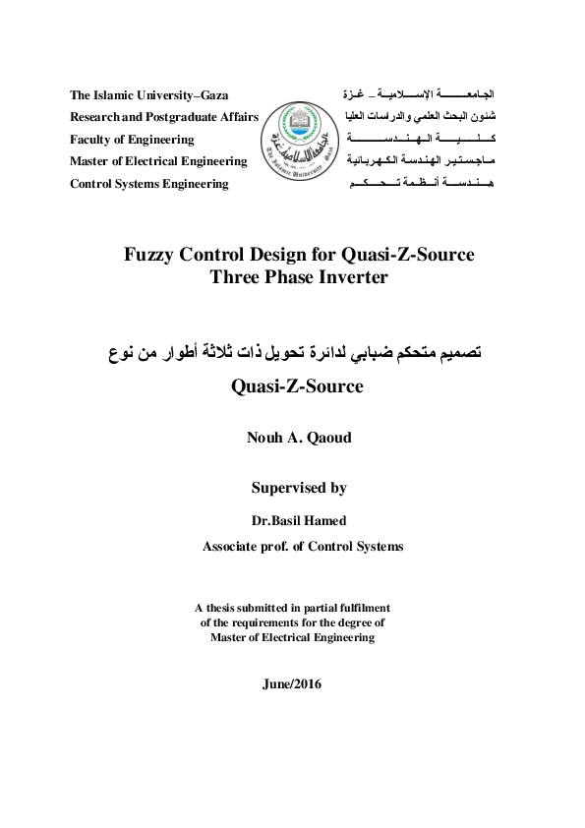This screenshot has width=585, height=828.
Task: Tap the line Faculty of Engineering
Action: point(132,140)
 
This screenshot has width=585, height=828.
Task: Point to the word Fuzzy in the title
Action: point(147,255)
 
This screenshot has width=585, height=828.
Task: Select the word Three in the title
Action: point(234,277)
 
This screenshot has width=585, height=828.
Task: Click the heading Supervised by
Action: point(299,487)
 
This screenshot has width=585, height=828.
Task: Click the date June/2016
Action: point(293,683)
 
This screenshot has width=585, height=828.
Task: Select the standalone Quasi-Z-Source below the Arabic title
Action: point(297,386)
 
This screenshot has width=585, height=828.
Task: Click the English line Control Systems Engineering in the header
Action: point(148,183)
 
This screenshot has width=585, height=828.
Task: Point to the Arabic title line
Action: point(294,352)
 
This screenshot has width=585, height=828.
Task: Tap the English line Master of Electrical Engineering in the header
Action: point(157,161)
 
